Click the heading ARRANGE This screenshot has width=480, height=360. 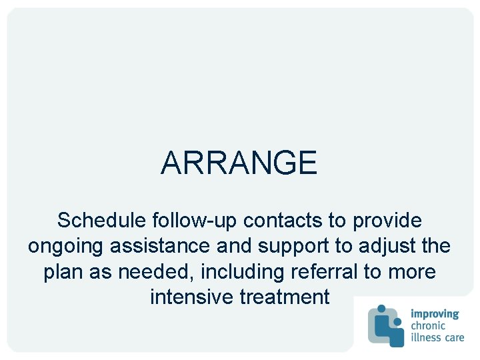point(239,163)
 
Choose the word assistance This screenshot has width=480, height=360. point(156,245)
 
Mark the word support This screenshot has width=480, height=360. point(295,247)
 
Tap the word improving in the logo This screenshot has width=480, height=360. point(435,314)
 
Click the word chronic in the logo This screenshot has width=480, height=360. point(431,325)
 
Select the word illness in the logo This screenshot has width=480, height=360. point(425,337)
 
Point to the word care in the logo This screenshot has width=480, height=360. point(453,337)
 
